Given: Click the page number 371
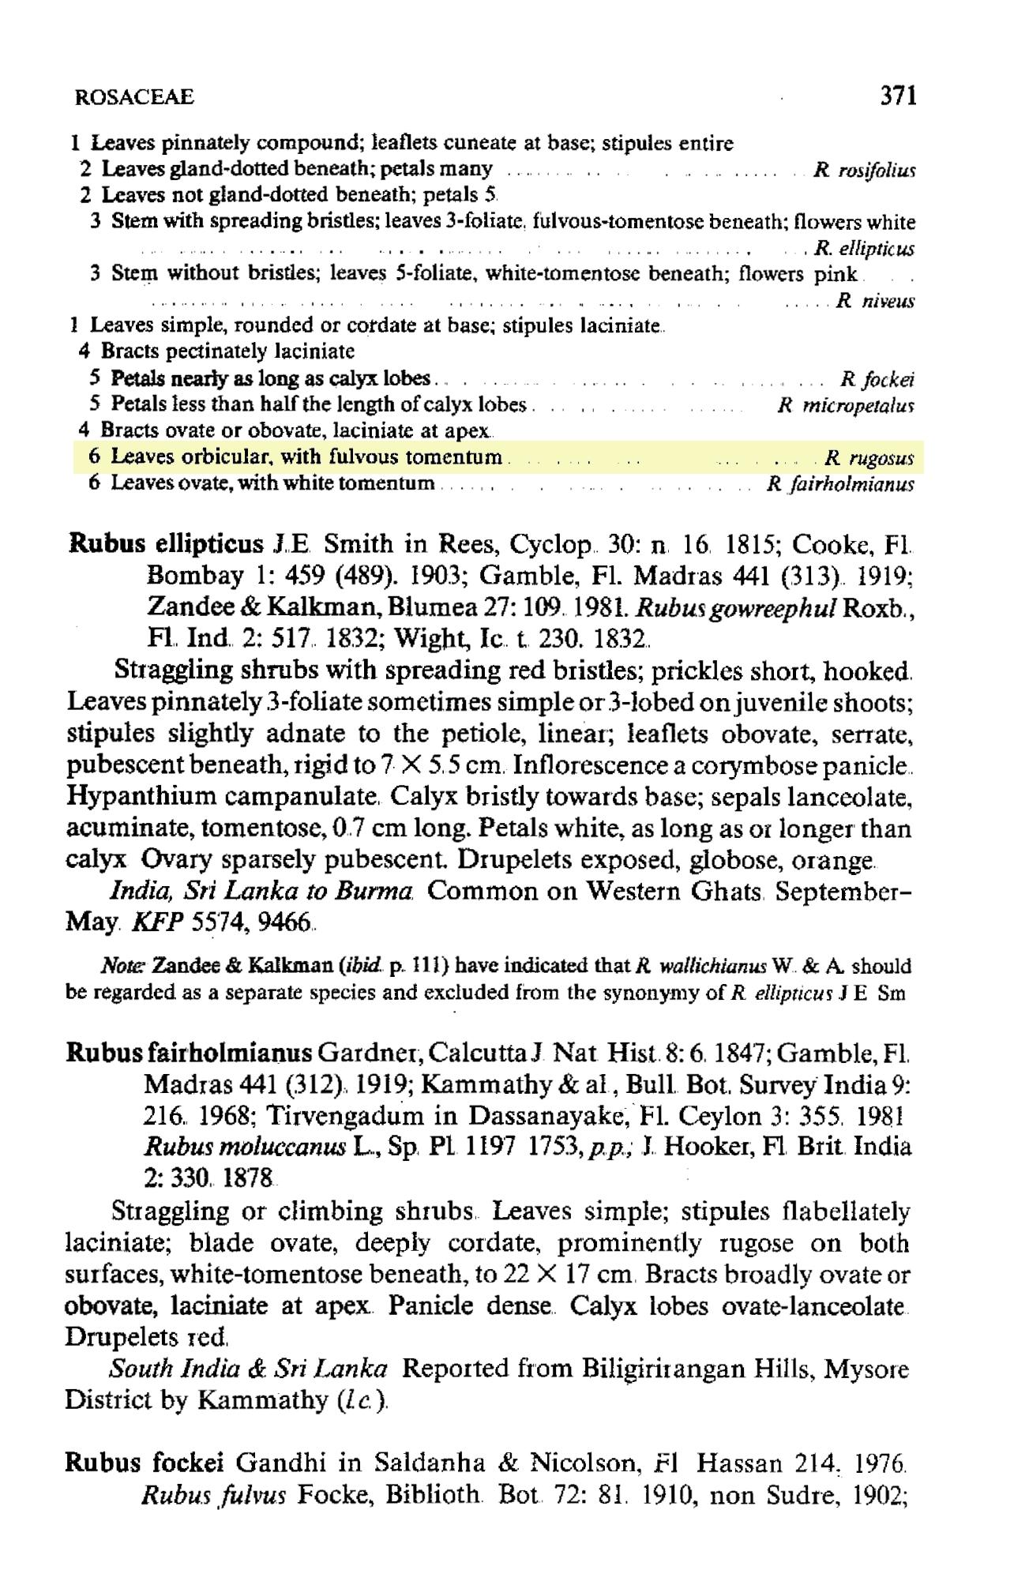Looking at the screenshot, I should coord(898,96).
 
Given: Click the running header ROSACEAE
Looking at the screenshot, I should coord(133,98).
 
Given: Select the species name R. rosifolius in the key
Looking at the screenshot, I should coord(864,170).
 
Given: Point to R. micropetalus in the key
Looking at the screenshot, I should coord(846,406).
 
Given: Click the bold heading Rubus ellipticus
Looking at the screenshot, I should coord(167,544).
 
